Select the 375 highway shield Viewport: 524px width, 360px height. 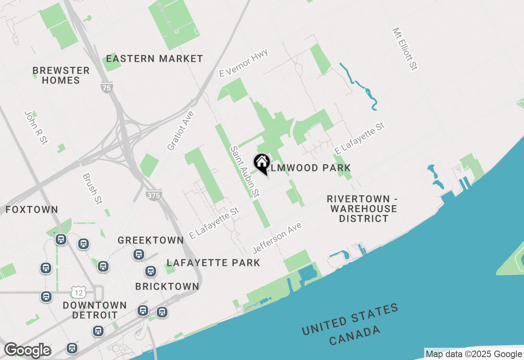154,195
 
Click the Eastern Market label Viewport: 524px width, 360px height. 154,59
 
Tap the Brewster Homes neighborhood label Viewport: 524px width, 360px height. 61,75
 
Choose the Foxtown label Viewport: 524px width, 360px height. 32,210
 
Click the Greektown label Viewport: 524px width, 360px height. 151,240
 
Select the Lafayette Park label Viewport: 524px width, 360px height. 213,263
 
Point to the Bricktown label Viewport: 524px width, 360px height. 167,286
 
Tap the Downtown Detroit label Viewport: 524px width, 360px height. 95,310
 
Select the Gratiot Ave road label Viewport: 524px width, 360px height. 180,130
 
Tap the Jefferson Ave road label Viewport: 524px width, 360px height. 277,238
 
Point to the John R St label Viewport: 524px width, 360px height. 36,127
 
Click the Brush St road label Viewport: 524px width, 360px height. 92,189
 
